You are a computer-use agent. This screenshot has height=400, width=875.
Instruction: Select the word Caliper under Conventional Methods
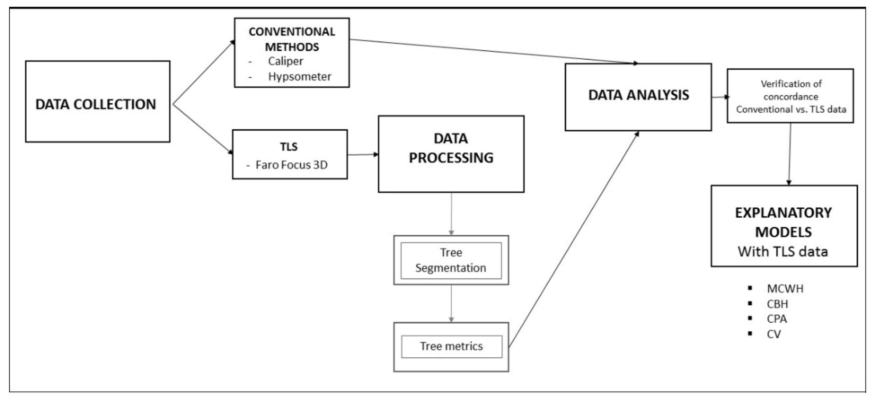click(x=285, y=61)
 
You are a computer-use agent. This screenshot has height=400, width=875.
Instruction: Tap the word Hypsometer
click(x=299, y=76)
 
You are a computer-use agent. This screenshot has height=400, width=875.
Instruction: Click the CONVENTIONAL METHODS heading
click(x=292, y=39)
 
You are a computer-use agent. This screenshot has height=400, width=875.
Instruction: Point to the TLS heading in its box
click(x=289, y=147)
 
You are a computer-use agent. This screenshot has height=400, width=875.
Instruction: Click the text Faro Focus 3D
click(x=291, y=165)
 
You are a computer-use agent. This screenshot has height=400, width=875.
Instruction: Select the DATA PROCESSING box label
click(x=451, y=148)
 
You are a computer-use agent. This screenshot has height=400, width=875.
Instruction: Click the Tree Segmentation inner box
click(x=451, y=260)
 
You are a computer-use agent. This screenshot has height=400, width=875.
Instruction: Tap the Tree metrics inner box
click(x=451, y=346)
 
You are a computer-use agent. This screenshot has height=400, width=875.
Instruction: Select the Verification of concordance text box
click(x=791, y=96)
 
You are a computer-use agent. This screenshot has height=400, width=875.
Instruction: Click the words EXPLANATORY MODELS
click(x=784, y=223)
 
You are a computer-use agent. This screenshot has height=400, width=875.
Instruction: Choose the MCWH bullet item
click(x=785, y=289)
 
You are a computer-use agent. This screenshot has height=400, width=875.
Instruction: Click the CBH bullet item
click(x=777, y=304)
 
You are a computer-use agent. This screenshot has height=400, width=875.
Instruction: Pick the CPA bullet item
click(x=776, y=319)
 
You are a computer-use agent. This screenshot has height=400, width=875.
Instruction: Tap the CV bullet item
click(x=774, y=334)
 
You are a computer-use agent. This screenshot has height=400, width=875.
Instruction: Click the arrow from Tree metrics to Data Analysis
click(x=574, y=240)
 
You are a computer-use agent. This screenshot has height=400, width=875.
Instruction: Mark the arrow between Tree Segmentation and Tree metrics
click(x=451, y=304)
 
